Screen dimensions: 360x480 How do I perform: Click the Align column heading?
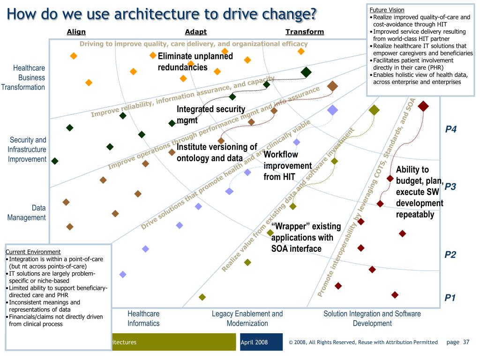76,32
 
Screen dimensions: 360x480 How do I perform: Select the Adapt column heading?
195,32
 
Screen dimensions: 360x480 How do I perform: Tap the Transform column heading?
305,32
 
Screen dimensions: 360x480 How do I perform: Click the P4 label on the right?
451,129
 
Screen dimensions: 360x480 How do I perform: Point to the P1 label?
450,298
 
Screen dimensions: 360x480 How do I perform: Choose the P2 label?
450,255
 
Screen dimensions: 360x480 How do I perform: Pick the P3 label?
450,187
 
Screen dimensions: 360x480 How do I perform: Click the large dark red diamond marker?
423,106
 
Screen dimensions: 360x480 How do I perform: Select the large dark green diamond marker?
306,72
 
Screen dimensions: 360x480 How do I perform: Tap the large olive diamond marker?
374,110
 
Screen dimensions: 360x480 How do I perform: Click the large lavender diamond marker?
332,110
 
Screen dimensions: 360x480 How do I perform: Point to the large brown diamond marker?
332,86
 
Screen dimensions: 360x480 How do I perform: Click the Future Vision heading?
387,10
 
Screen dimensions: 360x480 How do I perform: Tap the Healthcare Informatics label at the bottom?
143,318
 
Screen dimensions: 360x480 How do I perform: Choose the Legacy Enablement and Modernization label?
247,318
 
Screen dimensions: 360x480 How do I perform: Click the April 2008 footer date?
254,342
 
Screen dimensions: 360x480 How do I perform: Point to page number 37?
466,342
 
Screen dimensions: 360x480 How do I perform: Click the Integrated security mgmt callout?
210,114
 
